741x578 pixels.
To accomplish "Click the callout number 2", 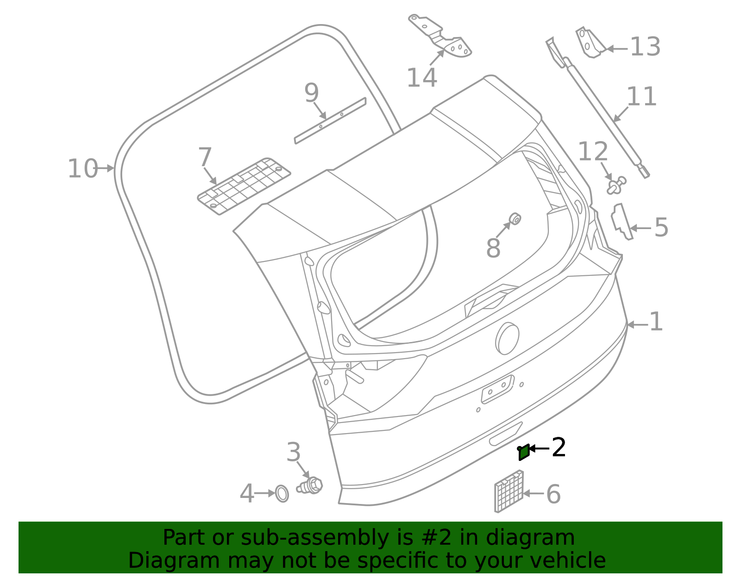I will pyautogui.click(x=559, y=447).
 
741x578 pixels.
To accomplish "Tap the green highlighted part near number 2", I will pyautogui.click(x=524, y=452).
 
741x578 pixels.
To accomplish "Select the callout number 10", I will pyautogui.click(x=82, y=168).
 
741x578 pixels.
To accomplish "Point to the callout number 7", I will pyautogui.click(x=205, y=157).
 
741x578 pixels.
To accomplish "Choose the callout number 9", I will pyautogui.click(x=312, y=93).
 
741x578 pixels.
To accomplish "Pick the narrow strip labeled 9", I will pyautogui.click(x=330, y=120).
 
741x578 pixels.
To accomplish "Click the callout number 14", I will pyautogui.click(x=421, y=77).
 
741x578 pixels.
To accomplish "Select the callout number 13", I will pyautogui.click(x=645, y=47).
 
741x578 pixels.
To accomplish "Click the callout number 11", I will pyautogui.click(x=641, y=97).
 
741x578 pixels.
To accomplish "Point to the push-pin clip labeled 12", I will pyautogui.click(x=615, y=186).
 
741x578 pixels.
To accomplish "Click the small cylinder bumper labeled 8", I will pyautogui.click(x=515, y=218).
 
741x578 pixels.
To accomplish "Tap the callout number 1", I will pyautogui.click(x=656, y=322).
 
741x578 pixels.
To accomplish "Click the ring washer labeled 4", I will pyautogui.click(x=282, y=493).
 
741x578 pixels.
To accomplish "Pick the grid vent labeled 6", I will pyautogui.click(x=509, y=492).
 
